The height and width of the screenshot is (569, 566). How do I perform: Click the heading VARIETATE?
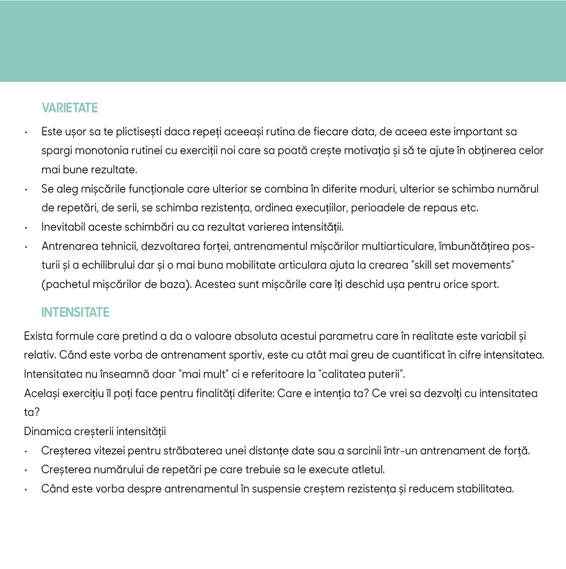70,108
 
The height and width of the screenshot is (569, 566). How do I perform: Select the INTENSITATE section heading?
75,313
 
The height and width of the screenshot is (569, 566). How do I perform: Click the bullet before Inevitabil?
27,228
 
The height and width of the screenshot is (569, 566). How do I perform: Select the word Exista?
38,337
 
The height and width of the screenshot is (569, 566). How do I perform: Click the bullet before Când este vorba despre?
27,490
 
